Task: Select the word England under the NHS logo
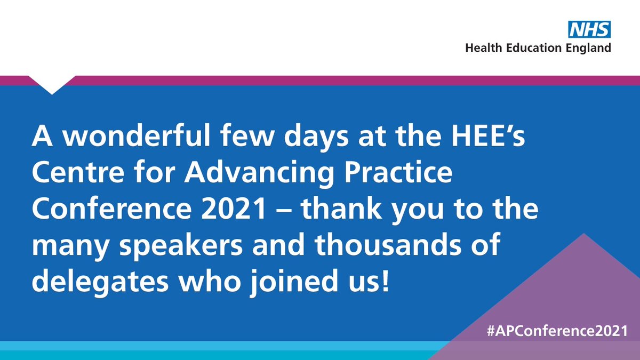click(588, 49)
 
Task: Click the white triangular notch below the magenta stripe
click(52, 85)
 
